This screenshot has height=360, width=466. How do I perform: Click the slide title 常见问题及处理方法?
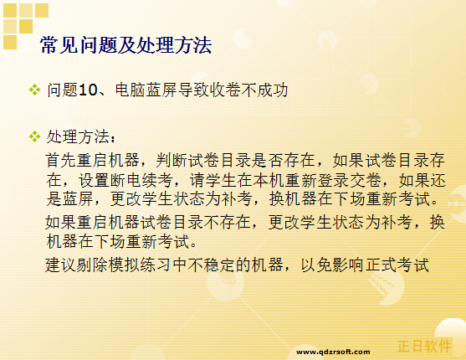125,45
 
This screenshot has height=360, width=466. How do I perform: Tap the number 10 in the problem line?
89,90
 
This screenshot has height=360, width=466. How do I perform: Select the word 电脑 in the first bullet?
130,90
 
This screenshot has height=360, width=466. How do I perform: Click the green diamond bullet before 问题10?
34,90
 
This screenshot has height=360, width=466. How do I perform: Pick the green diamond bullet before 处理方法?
34,136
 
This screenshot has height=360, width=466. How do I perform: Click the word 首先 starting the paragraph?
61,161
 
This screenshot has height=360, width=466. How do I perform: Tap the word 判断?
172,161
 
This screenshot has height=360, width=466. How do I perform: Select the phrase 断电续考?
141,180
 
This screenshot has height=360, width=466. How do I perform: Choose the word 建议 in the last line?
61,265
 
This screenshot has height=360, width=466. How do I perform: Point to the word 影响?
349,265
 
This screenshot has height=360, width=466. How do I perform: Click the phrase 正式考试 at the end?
397,265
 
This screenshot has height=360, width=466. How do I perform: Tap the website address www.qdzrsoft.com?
333,352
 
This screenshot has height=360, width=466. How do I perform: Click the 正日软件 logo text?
424,346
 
